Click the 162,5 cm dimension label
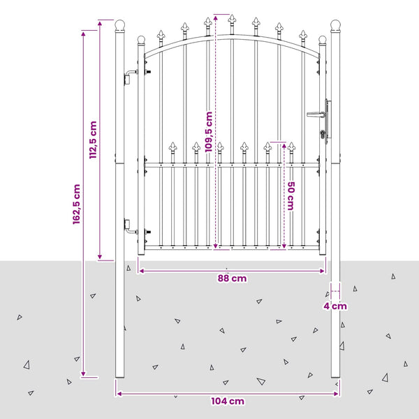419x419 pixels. [x=76, y=204]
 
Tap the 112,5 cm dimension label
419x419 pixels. [x=93, y=140]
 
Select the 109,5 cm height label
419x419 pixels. [x=209, y=132]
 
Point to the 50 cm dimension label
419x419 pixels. [x=291, y=196]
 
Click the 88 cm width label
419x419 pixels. [x=232, y=279]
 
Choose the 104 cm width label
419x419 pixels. [x=228, y=402]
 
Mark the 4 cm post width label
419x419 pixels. [x=335, y=307]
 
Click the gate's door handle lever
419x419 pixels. [x=316, y=115]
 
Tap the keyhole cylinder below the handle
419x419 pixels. [x=323, y=134]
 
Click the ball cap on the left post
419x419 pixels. [x=119, y=25]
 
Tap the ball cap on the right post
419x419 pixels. [x=335, y=25]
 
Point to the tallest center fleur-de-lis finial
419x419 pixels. [x=232, y=20]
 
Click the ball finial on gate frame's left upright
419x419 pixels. [x=141, y=40]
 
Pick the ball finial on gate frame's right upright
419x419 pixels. [x=323, y=40]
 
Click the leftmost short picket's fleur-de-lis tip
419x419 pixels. [x=173, y=147]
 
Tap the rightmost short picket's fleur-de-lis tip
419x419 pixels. [x=291, y=147]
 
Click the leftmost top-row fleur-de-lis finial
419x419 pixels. [x=161, y=36]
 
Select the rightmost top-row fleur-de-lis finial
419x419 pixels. [x=303, y=36]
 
